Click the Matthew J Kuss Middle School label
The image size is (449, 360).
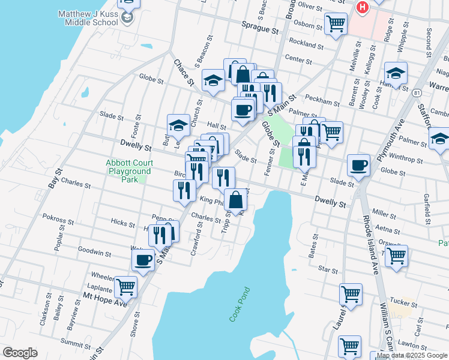(x=88, y=18)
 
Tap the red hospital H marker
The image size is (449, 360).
(x=362, y=7)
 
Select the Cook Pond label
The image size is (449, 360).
(x=238, y=305)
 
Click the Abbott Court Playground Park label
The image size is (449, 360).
(x=128, y=170)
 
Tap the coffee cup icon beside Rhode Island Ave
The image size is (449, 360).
(x=358, y=165)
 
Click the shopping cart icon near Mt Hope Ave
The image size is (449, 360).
(x=125, y=287)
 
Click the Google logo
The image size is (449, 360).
(x=20, y=353)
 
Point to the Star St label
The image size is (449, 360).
(x=329, y=271)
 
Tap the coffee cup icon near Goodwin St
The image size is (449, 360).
(x=143, y=260)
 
